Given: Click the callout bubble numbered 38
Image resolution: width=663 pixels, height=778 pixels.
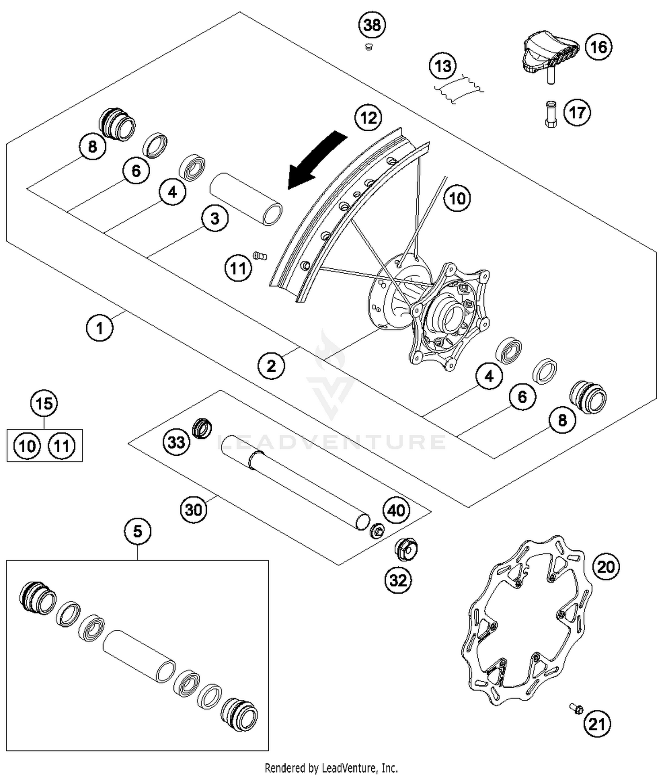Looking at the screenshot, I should point(372,25).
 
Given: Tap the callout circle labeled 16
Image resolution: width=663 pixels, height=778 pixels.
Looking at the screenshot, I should point(598,47).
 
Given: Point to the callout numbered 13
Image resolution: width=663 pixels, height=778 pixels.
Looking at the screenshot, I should point(443,66).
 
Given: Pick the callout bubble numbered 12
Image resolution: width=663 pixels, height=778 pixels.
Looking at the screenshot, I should point(369,118).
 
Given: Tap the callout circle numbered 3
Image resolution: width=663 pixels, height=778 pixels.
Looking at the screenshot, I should point(215,218).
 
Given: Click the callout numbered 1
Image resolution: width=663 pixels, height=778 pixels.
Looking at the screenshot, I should point(99,328).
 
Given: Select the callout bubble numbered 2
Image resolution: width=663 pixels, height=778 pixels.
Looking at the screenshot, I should point(271,366).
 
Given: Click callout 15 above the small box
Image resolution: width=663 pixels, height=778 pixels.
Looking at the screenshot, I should point(44,404).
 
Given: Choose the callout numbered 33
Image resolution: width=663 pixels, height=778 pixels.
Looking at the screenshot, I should point(176,441).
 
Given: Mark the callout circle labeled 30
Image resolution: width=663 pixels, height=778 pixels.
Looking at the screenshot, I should point(194,510).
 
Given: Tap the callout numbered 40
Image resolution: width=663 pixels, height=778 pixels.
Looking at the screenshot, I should point(396,510).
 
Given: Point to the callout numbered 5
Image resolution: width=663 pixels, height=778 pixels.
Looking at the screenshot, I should point(137,531).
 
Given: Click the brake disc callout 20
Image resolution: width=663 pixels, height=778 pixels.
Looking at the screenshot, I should point(606,566).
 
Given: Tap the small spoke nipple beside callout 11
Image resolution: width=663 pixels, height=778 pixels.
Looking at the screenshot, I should point(260,256).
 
